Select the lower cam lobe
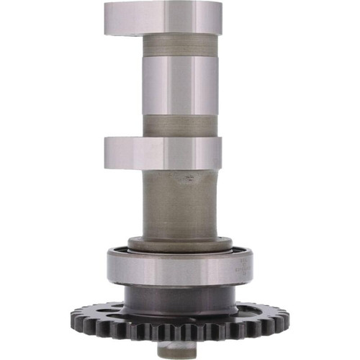(x=162, y=152)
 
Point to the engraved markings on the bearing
(x=240, y=269)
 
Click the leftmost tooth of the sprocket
(x=73, y=317)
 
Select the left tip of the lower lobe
(x=107, y=152)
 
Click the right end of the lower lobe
(x=220, y=152)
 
